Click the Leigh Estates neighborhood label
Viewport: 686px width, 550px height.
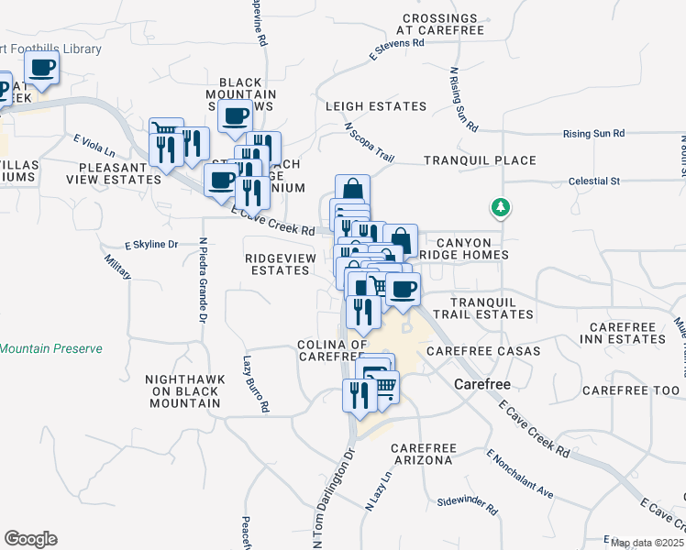point(376,106)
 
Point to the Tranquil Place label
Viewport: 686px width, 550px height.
point(480,160)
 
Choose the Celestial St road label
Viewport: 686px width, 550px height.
point(594,181)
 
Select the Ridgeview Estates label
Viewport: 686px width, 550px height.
point(280,264)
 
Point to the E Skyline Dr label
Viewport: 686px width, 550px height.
point(151,245)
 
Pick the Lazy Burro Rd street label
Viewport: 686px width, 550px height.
point(256,383)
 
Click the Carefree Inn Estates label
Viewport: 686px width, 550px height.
point(626,333)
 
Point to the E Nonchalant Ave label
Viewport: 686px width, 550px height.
point(520,474)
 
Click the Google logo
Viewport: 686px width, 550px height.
point(30,539)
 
